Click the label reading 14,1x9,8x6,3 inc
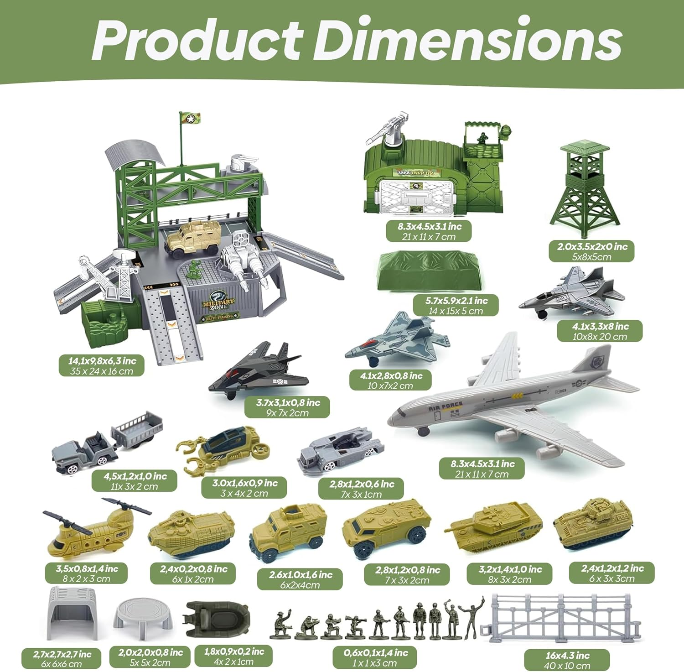click(102, 361)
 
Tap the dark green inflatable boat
click(217, 619)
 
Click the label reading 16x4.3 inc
click(567, 655)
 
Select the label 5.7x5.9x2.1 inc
click(456, 301)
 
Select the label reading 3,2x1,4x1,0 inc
click(510, 569)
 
